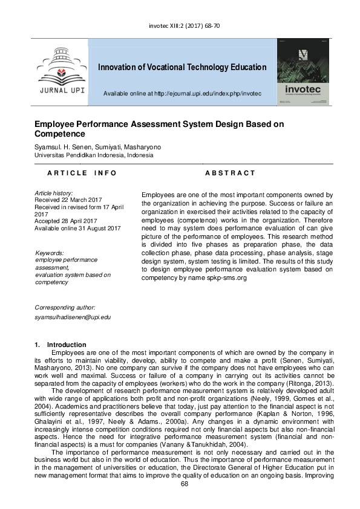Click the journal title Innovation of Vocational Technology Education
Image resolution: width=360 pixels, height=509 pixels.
182,67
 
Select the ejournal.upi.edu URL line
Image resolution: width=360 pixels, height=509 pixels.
182,94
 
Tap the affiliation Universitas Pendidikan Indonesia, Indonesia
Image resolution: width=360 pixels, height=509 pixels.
94,155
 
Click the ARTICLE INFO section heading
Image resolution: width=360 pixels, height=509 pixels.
82,173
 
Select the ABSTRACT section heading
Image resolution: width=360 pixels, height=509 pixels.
231,173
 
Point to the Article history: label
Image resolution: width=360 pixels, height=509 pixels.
54,192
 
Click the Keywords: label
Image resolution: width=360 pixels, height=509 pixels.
50,253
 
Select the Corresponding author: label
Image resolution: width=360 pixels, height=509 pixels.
65,308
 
